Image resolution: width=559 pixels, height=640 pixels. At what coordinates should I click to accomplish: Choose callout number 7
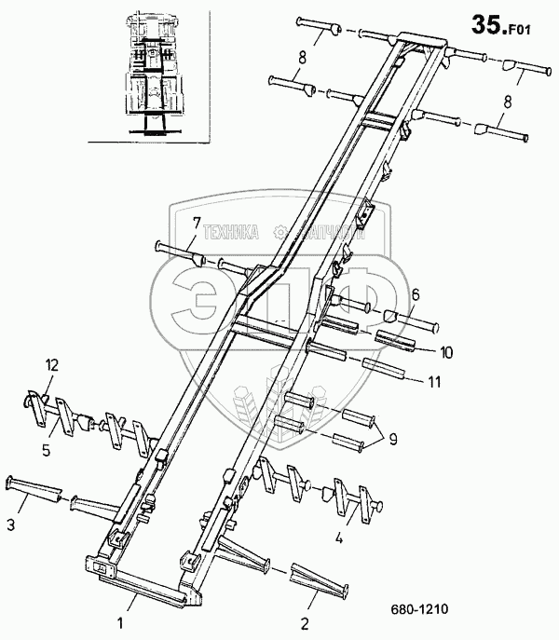click(198, 222)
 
